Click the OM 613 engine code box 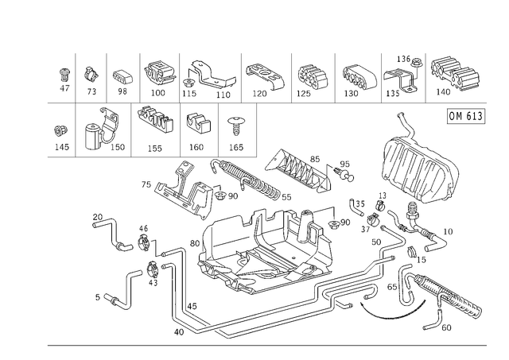point(466,116)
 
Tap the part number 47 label point(64,88)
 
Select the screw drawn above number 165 point(235,126)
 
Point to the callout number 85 point(315,159)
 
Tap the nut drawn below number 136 point(415,63)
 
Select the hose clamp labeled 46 point(143,242)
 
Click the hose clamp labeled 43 point(153,269)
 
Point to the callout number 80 point(194,243)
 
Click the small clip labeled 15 point(412,251)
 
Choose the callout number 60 point(446,327)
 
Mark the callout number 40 point(179,332)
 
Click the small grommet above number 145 point(60,131)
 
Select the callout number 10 point(448,231)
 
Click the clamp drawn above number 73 point(91,74)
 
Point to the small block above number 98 point(122,76)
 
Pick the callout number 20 point(97,217)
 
